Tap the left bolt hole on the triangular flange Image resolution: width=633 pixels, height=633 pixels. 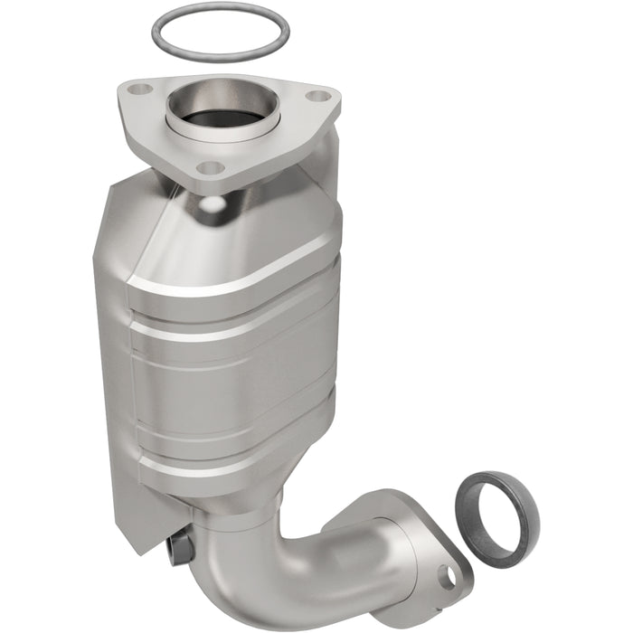[139, 90]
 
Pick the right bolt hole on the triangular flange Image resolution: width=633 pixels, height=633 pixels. [316, 95]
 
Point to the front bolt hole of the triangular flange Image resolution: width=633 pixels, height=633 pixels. [209, 167]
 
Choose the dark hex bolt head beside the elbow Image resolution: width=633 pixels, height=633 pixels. [179, 546]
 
